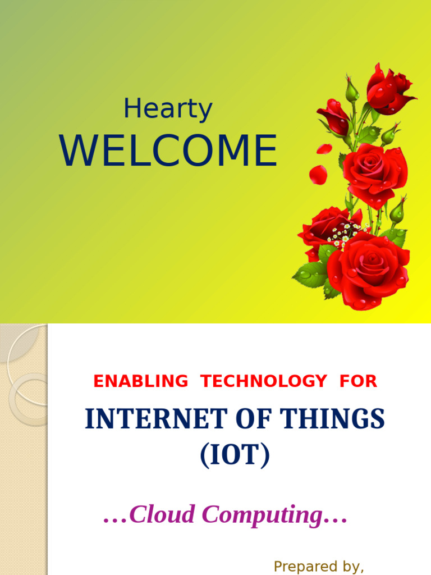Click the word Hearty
(168, 109)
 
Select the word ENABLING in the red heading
(141, 381)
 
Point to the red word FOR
(358, 381)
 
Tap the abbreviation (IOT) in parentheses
(235, 455)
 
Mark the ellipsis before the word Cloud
(116, 515)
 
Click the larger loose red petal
(318, 174)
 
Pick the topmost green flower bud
(351, 90)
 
